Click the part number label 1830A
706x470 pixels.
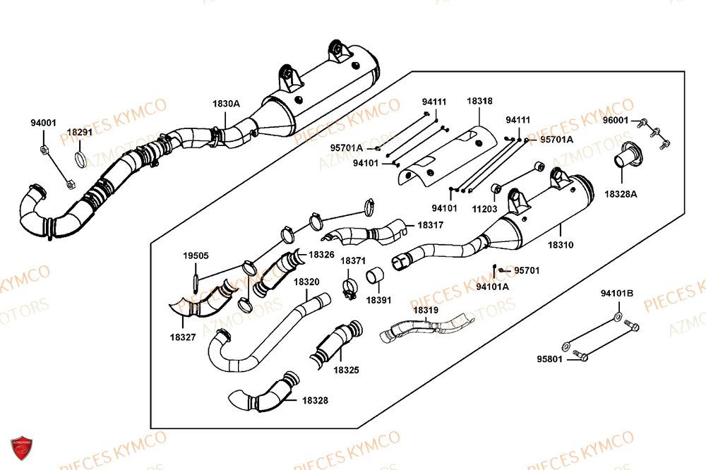(226, 104)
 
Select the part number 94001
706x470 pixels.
(43, 123)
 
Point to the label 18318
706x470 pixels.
(479, 102)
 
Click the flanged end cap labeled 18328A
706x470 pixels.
(625, 157)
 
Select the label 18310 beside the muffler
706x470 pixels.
(560, 245)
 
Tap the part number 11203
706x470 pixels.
(484, 209)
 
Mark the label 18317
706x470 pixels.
(430, 225)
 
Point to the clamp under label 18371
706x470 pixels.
(349, 289)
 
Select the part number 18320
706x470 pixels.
(306, 282)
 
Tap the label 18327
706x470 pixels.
(183, 338)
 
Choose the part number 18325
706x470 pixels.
(347, 369)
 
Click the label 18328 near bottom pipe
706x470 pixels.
(315, 400)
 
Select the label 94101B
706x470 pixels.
(617, 293)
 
